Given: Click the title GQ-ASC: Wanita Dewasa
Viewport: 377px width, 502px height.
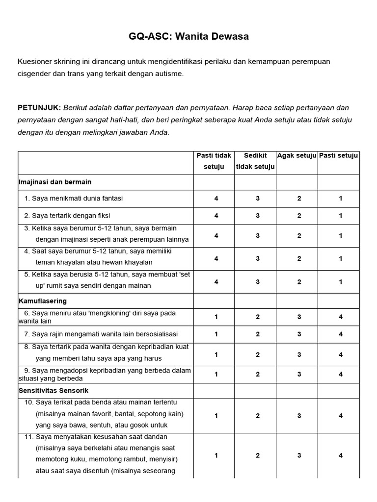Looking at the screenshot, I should point(188,36).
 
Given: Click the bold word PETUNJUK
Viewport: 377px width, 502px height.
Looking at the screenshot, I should point(39,107).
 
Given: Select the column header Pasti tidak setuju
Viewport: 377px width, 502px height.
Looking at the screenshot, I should point(214,161).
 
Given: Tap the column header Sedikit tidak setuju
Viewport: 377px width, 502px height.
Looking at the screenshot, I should point(255,161).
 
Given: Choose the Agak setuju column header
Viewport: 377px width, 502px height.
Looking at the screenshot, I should point(296,156).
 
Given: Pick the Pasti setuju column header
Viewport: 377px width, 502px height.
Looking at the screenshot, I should point(339,156).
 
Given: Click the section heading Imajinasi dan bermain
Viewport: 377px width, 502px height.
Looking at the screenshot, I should point(55,182).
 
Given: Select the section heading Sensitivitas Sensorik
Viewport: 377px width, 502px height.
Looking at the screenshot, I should point(54,391).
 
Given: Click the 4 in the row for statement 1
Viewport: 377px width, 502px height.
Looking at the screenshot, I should point(216,199).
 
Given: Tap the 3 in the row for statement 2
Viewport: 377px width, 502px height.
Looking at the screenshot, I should point(258,216).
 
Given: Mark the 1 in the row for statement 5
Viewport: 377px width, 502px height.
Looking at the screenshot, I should point(341,282).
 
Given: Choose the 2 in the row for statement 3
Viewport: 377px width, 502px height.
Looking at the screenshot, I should point(299,236).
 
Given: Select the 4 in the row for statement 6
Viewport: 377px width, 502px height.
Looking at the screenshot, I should point(341,317).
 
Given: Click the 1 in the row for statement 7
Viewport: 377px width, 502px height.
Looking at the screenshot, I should point(216,334).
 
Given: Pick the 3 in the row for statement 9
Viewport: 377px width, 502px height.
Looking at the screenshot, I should point(299,375).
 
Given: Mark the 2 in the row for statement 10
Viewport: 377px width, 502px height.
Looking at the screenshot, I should point(258,416).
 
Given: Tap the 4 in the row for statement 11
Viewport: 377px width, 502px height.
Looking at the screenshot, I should point(341,455).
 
